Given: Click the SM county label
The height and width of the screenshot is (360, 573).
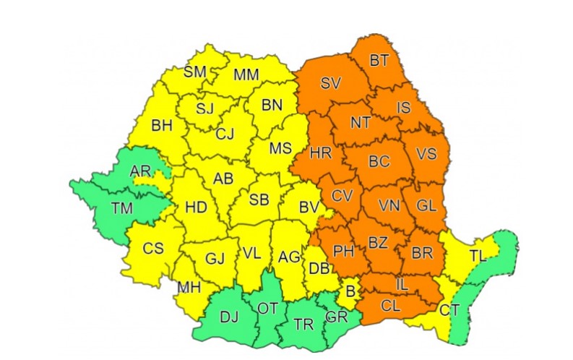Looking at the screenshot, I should [195, 72].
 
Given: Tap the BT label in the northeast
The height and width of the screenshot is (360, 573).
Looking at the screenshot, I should [379, 61].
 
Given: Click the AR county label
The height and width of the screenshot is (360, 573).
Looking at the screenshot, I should [140, 171].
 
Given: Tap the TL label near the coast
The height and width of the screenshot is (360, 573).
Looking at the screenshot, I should [477, 256].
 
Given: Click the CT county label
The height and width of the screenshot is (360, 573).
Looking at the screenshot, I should [449, 311].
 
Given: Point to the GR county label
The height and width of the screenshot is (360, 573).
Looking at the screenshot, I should [336, 316].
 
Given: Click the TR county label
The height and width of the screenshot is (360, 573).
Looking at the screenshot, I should [305, 324].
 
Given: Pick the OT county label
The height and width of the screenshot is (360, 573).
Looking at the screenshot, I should [267, 309].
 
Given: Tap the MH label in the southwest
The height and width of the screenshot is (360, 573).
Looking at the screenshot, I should [189, 287].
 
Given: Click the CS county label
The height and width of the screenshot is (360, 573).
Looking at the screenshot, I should [153, 248].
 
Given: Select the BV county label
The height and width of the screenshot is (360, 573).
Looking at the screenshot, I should [309, 207].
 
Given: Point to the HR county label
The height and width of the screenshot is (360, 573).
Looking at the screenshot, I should [320, 153].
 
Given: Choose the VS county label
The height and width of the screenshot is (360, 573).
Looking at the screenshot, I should [428, 154].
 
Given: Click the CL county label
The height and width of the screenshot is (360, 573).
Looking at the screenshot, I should [390, 306].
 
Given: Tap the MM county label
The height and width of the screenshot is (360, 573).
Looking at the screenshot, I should [246, 74].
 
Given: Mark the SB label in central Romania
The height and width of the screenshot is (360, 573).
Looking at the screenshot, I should [259, 200].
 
